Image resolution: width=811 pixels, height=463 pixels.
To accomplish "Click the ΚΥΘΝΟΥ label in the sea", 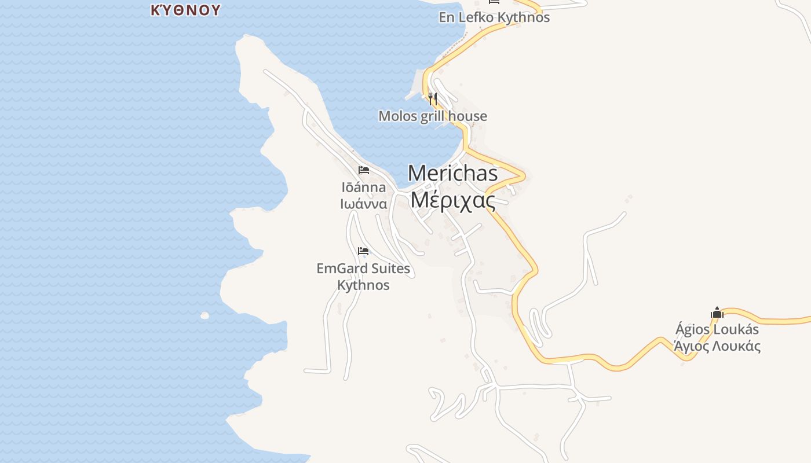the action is (x=185, y=10).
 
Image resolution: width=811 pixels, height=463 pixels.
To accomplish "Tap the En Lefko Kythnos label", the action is (x=494, y=17).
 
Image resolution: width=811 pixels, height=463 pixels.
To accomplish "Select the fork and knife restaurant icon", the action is (x=433, y=99).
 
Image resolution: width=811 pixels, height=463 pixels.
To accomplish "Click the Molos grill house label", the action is (x=433, y=116).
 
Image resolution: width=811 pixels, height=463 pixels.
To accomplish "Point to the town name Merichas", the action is (x=452, y=174).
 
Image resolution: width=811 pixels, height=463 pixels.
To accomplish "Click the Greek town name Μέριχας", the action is (x=452, y=200).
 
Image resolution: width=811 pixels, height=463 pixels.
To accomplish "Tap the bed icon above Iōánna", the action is (x=363, y=170).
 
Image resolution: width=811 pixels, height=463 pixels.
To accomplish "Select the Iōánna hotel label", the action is (x=363, y=188).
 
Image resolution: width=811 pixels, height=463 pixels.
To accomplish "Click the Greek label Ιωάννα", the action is (x=363, y=204).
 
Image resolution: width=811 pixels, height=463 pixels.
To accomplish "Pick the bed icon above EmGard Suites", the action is (x=363, y=251).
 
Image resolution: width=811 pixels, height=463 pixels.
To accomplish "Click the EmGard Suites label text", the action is (x=363, y=269).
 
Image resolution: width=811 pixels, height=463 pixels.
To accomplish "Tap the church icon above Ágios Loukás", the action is (x=717, y=313).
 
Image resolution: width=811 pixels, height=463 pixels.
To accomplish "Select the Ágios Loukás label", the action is (x=717, y=330).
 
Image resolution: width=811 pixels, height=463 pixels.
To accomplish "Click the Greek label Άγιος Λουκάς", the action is (x=717, y=347).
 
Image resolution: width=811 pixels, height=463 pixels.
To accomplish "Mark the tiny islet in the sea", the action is (x=204, y=315).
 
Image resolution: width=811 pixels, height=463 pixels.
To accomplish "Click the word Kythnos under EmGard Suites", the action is (x=363, y=285).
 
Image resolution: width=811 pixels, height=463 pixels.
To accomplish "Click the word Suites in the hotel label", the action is (x=390, y=269).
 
